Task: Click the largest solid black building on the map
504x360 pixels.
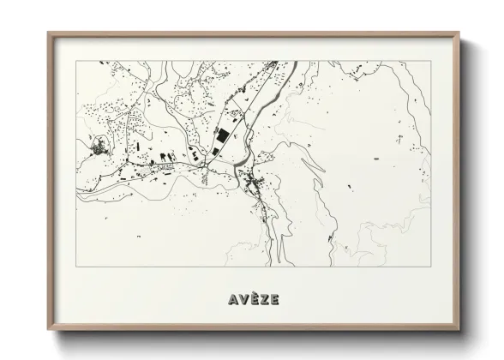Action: click(x=222, y=136)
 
